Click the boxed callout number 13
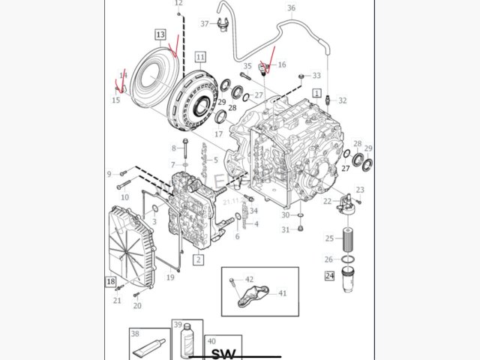160,34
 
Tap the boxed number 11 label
199,56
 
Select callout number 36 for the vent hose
292,8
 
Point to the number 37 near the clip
204,23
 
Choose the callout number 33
316,76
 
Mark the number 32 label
343,100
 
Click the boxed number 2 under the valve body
199,259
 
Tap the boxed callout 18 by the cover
110,282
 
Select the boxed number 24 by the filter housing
329,276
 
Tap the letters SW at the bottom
223,353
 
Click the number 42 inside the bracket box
249,280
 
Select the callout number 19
170,277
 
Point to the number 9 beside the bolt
109,174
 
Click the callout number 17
218,134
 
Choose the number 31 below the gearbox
285,229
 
